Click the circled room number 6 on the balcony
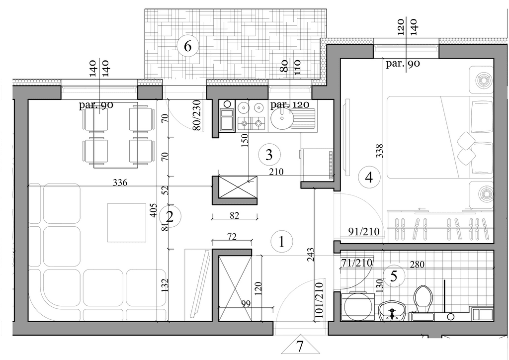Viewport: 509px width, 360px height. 187,46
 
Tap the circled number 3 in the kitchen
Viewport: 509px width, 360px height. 269,155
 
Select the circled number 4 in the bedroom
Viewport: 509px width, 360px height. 369,177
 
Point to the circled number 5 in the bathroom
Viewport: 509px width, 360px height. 394,276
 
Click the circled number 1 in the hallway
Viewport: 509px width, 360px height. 282,242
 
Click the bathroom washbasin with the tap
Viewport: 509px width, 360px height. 392,311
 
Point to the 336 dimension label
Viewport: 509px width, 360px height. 120,182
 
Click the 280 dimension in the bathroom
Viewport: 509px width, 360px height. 417,265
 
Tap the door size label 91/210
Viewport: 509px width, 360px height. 364,231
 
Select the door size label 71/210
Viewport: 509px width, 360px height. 356,262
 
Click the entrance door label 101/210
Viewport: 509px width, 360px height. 319,300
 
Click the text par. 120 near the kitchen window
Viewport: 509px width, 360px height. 290,104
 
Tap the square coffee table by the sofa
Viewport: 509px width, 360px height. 127,223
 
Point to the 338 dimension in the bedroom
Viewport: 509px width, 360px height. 379,151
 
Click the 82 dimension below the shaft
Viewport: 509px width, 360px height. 234,215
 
